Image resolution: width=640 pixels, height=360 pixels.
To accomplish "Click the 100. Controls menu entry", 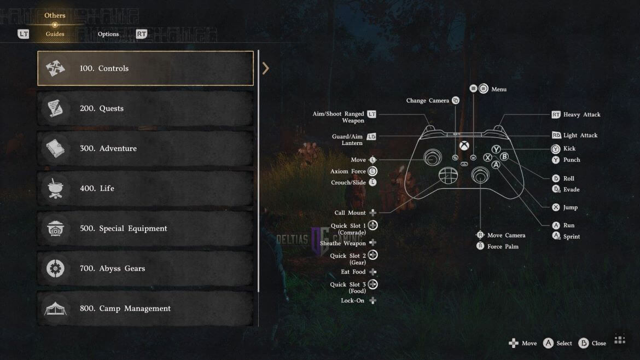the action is [146, 68].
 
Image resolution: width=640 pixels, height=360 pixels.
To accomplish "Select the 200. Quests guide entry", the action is [146, 108].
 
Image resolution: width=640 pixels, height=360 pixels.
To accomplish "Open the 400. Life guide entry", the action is [146, 188].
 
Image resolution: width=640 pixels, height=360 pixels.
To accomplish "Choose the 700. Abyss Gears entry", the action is [146, 268].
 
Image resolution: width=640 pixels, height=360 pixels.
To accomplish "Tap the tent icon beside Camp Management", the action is [55, 309].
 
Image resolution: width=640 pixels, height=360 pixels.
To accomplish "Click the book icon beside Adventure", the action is [55, 148].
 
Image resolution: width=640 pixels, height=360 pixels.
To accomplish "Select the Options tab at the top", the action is [108, 34].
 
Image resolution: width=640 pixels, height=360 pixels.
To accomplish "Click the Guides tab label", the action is [55, 34].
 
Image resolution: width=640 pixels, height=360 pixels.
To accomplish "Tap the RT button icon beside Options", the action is [141, 34].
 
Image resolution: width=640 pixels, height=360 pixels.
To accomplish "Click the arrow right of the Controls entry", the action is [266, 68].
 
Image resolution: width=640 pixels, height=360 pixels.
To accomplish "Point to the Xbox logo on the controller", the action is [464, 146].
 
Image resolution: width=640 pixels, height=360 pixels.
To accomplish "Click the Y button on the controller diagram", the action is [496, 149].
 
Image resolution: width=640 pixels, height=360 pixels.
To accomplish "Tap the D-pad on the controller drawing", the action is [448, 176].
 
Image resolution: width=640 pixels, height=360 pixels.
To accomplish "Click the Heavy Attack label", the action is [581, 115].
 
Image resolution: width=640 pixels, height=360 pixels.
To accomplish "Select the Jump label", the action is [570, 207].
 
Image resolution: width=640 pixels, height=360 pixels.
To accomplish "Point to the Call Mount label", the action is [350, 213].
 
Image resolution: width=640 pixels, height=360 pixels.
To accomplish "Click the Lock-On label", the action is [353, 300].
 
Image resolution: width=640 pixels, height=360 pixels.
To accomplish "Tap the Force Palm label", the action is [503, 247].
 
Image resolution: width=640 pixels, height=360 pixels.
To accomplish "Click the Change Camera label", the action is [427, 101].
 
